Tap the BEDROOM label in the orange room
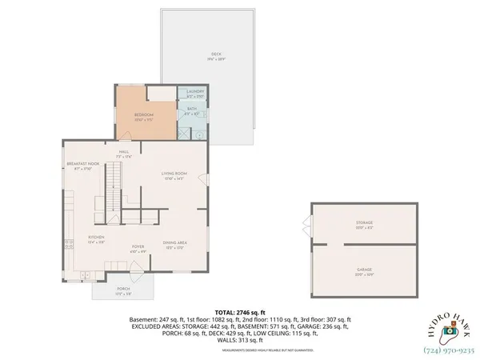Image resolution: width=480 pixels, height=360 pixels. (x=144, y=115)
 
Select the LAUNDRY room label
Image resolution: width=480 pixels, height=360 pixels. (x=195, y=91)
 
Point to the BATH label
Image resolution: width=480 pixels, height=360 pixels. (x=192, y=109)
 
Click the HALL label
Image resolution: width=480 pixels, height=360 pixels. (x=124, y=151)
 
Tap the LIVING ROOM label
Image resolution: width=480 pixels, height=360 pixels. (x=174, y=172)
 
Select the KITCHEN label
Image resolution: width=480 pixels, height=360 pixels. (x=96, y=238)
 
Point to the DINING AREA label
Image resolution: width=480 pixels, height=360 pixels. (x=174, y=242)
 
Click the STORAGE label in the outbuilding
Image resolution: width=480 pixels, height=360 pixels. (x=364, y=222)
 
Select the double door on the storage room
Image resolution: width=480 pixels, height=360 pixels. (x=309, y=225)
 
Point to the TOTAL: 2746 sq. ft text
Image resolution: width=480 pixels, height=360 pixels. (x=239, y=311)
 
